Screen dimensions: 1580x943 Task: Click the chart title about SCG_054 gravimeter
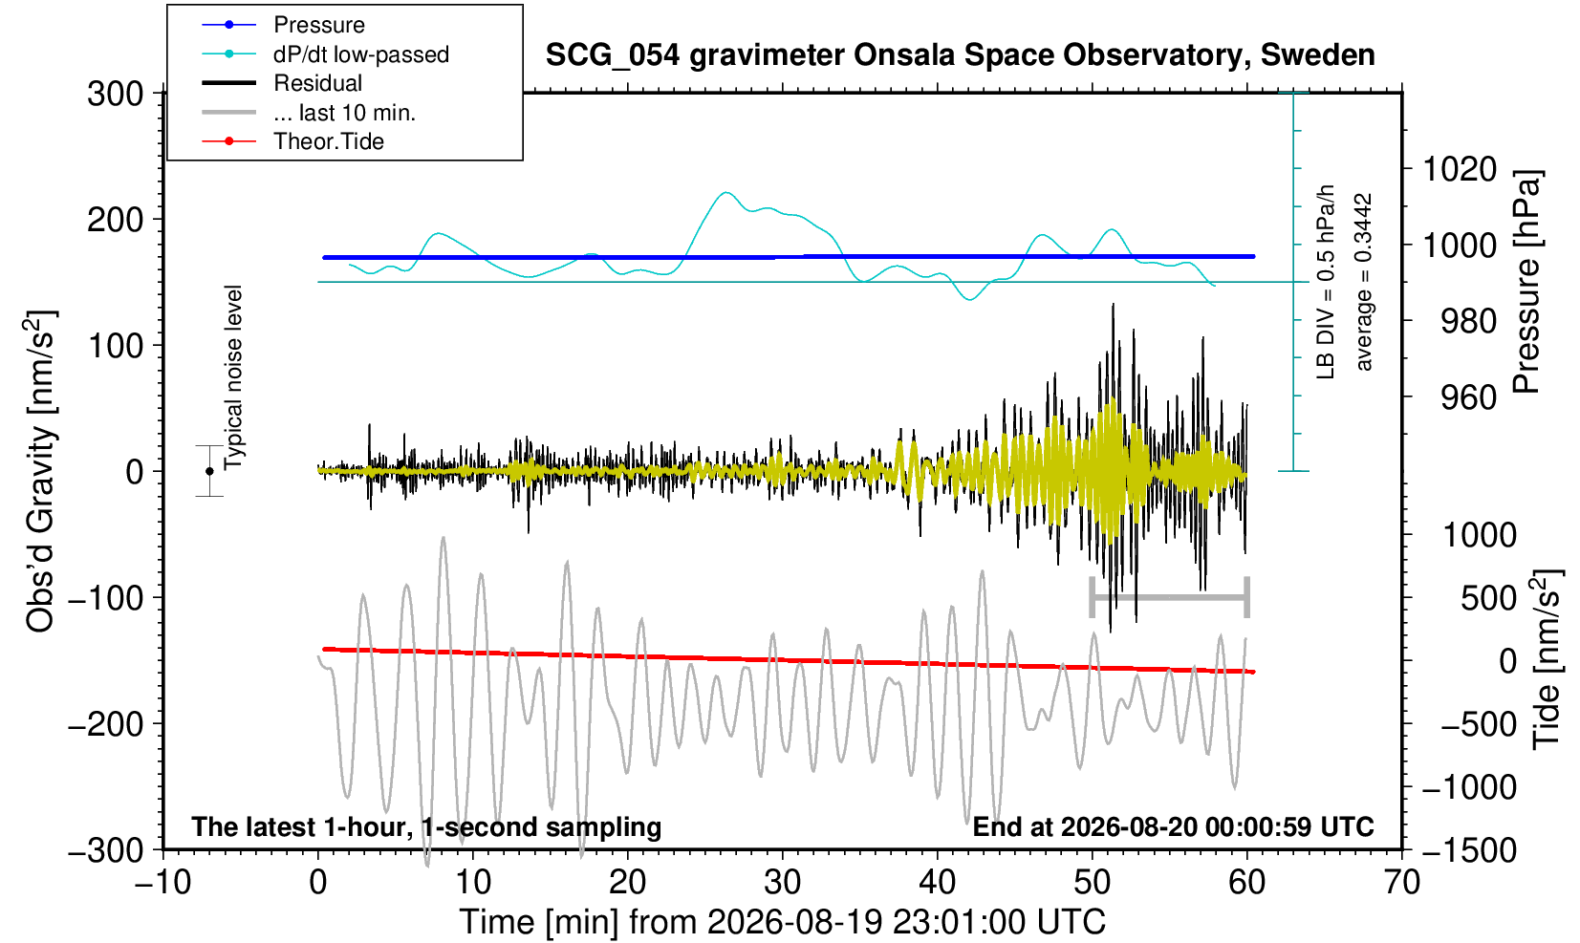960,54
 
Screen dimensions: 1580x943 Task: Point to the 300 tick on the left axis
116,93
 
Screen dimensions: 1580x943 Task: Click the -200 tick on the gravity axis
106,723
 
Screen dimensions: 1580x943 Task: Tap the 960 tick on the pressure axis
1468,397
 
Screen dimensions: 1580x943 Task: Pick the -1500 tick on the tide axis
1469,850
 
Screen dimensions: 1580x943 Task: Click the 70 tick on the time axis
1401,883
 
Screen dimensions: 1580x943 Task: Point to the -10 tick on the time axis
162,883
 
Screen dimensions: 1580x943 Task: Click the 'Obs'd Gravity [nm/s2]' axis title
41,471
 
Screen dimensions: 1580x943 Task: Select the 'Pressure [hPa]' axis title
1527,282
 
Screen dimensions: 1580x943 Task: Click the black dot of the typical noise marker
209,471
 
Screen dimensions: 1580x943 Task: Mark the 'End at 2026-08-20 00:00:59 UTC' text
1174,826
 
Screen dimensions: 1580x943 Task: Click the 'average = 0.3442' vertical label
1364,282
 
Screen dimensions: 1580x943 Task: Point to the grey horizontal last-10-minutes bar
1170,597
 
